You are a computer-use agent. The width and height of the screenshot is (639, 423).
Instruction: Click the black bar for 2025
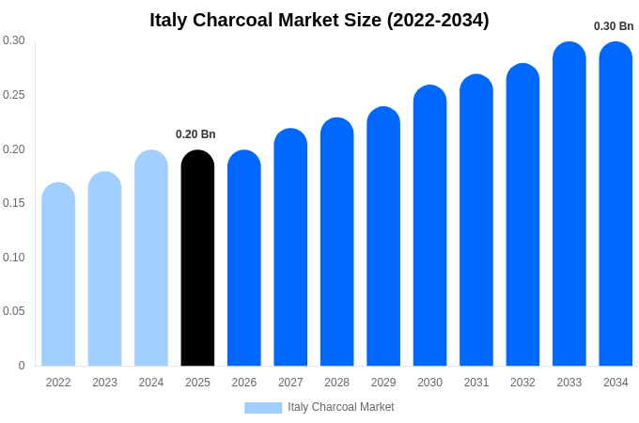(197, 258)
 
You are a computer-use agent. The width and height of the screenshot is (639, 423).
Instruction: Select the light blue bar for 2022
(58, 274)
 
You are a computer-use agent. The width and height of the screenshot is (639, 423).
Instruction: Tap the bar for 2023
(104, 269)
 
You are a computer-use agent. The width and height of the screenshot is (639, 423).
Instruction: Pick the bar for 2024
(151, 258)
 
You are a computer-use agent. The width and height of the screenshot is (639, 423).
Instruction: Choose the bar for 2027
(290, 247)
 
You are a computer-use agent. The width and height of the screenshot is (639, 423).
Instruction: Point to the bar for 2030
(429, 226)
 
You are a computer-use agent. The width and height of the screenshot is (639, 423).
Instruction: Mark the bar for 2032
(522, 215)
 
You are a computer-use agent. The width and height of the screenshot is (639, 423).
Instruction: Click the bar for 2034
(616, 204)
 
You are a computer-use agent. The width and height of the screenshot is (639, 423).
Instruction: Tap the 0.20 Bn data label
(195, 134)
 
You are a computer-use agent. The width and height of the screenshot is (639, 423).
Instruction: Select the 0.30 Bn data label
(614, 26)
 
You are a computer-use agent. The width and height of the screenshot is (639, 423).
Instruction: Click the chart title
(319, 20)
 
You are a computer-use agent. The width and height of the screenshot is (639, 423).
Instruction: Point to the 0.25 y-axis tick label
(14, 95)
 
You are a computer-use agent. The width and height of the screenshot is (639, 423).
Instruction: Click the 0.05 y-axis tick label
(14, 311)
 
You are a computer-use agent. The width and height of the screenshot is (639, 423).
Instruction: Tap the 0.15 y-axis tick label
(14, 203)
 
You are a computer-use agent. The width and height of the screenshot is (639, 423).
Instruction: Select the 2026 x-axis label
(244, 383)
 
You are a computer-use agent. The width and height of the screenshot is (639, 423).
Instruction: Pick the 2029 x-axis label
(383, 383)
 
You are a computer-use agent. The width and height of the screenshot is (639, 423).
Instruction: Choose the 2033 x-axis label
(569, 383)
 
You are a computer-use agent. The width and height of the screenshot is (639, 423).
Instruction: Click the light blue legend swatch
(263, 408)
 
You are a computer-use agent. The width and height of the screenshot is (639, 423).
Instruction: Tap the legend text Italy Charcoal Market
(341, 407)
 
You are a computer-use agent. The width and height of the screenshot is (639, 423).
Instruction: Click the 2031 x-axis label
(476, 383)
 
